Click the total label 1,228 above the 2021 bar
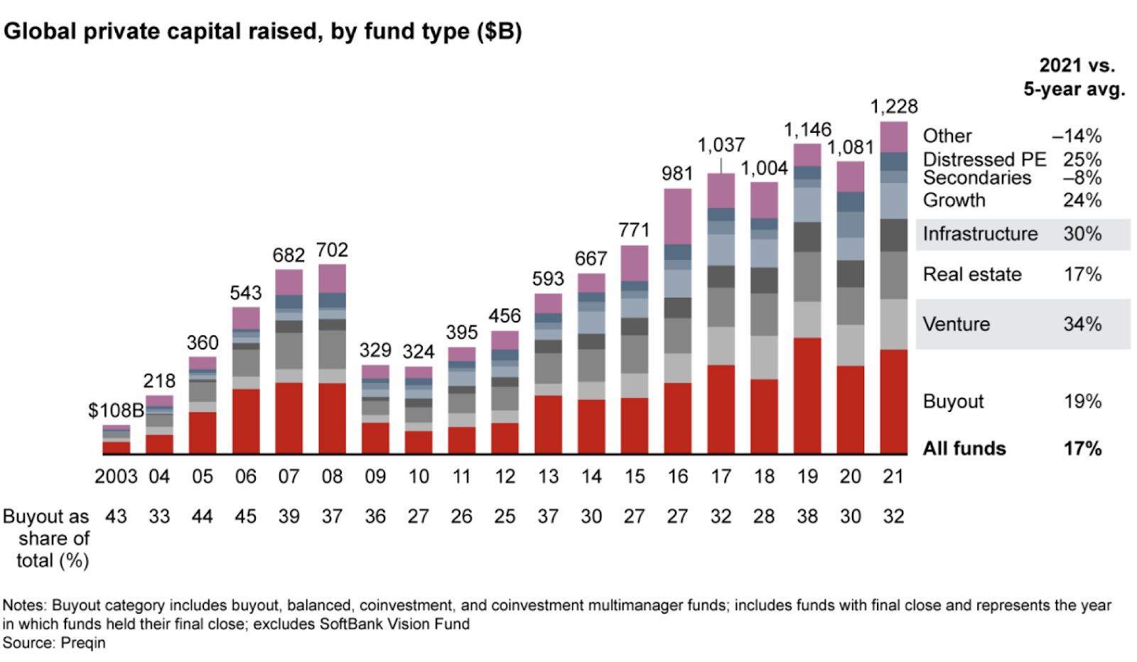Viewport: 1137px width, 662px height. click(x=894, y=107)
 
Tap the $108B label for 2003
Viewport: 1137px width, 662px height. click(x=116, y=411)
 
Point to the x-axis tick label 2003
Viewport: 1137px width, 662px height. click(x=116, y=477)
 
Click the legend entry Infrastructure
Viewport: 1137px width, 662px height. click(x=980, y=234)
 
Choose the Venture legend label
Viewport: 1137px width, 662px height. click(x=956, y=324)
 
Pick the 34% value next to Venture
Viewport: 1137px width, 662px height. click(x=1082, y=324)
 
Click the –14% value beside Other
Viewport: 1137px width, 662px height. click(x=1077, y=136)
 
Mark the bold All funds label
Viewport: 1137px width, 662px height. click(x=964, y=448)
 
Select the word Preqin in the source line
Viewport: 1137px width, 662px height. click(x=83, y=643)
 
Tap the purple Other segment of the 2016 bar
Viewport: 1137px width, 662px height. click(x=678, y=216)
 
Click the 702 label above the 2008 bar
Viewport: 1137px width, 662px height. click(x=332, y=250)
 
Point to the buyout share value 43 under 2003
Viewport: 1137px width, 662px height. click(x=116, y=516)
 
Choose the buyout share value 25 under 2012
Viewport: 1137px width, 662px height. click(x=505, y=516)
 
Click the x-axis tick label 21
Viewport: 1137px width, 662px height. click(x=893, y=477)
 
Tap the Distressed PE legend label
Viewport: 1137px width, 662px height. click(x=984, y=159)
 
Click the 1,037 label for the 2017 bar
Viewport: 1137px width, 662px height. click(x=721, y=145)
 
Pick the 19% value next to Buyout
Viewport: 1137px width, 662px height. click(x=1082, y=401)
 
